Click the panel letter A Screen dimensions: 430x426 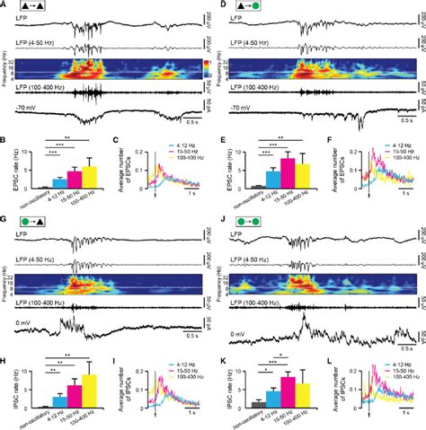[x=4, y=6]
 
